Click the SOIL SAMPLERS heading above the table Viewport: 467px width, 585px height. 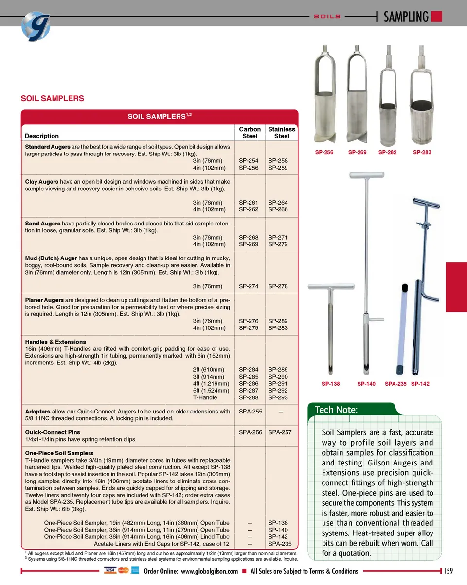click(x=52, y=98)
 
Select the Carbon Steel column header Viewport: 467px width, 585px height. click(x=250, y=133)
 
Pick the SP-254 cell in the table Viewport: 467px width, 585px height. click(x=249, y=161)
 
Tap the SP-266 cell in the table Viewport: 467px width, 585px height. click(x=278, y=209)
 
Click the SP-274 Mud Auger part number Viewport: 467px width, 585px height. click(x=249, y=286)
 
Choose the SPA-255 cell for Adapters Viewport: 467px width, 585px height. click(x=251, y=412)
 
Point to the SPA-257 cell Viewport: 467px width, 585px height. click(x=280, y=432)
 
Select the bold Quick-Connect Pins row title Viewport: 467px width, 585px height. click(x=53, y=432)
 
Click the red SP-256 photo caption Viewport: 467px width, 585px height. click(x=324, y=152)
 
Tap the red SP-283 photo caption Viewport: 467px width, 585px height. click(x=422, y=152)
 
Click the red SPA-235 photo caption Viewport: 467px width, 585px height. click(x=395, y=384)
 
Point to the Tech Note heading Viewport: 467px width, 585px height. click(x=336, y=410)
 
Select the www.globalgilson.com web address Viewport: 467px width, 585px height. click(x=209, y=571)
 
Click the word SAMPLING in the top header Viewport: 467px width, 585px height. click(x=406, y=17)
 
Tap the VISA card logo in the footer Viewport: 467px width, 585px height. click(x=110, y=570)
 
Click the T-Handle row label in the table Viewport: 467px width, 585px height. click(x=205, y=397)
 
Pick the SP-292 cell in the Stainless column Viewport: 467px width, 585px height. click(x=278, y=391)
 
